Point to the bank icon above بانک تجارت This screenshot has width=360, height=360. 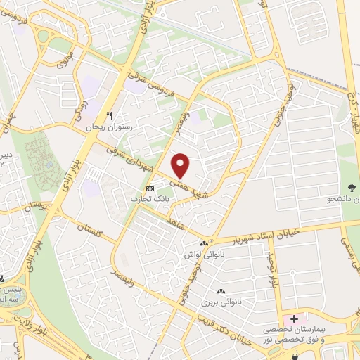pos(150,188)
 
